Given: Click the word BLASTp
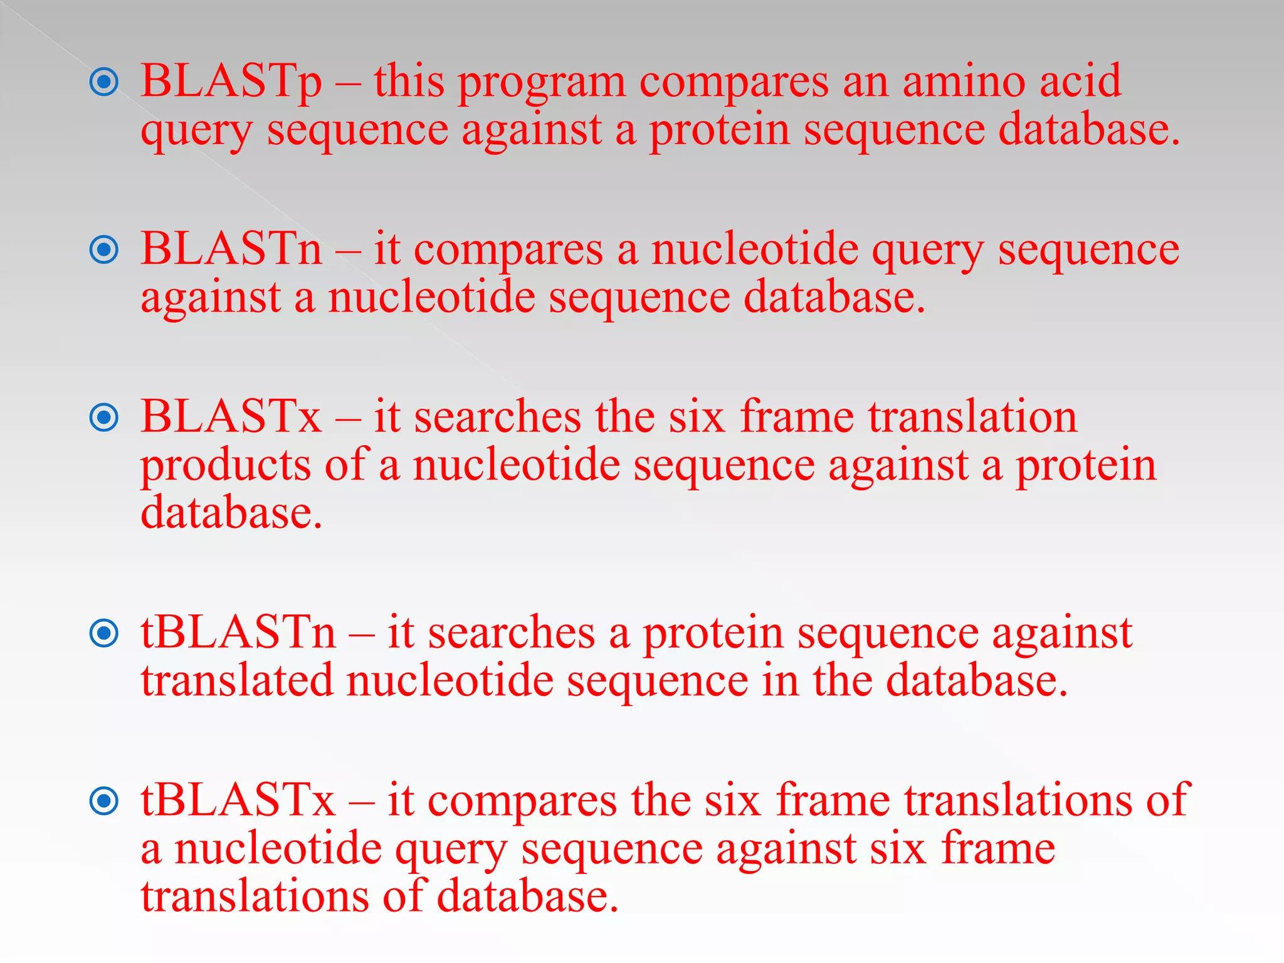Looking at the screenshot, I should [231, 82].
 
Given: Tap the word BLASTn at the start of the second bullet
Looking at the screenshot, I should [231, 250].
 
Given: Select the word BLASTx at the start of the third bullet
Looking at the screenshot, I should [231, 417].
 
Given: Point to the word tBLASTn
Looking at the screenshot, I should [238, 633].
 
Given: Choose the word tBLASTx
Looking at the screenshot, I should [238, 801].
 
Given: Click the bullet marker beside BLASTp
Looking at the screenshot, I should [104, 82].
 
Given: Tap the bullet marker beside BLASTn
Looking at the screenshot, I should [104, 250].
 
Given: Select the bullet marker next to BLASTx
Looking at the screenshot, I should [104, 418].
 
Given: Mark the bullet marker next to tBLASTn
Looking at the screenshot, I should [104, 633].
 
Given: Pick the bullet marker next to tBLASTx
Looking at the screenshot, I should [104, 801].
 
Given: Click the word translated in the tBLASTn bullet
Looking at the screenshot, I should [237, 681].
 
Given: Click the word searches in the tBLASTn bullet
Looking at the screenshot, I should [512, 633].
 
